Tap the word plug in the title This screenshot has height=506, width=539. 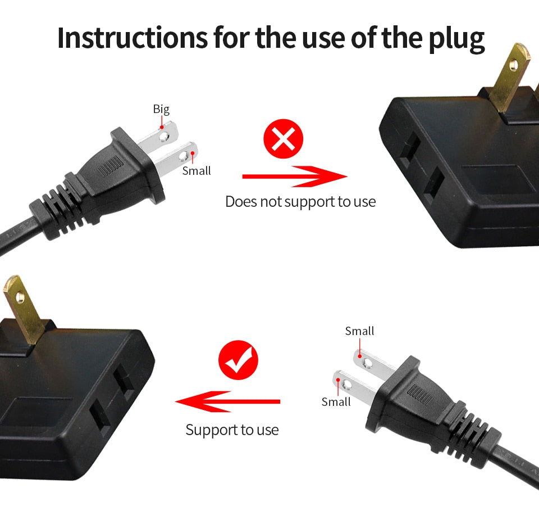pos(455,38)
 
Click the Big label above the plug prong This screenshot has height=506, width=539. pos(161,109)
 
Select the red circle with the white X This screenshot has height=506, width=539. pos(283,139)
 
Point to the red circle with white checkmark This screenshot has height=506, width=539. pos(238,361)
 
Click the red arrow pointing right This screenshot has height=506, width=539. pos(294,177)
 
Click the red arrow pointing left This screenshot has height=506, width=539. pos(227,401)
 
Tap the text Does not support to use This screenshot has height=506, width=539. pos(300,201)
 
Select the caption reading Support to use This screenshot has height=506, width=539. pos(232,430)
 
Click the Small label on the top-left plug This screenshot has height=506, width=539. pos(197,171)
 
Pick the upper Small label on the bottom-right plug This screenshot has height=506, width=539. pos(359,331)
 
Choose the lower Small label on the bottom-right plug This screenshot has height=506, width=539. pos(336,402)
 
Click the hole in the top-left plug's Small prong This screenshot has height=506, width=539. pos(182,155)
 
